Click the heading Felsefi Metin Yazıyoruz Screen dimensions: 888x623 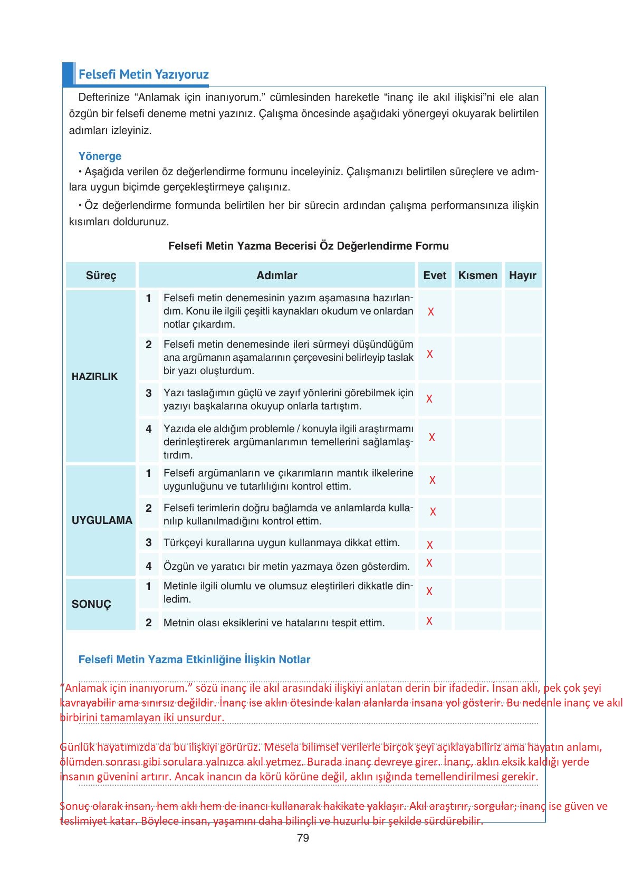143,74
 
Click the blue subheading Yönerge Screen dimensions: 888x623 100,156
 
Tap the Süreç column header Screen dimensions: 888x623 101,275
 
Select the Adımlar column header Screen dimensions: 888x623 277,275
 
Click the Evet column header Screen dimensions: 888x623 435,275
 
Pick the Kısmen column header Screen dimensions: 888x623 478,275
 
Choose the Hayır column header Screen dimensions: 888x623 523,275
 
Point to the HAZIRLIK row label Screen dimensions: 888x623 95,377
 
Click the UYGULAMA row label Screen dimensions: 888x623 102,520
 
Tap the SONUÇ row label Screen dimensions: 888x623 91,605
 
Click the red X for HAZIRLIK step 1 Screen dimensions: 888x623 431,312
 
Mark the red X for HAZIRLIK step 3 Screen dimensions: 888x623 429,399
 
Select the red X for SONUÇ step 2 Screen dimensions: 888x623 429,621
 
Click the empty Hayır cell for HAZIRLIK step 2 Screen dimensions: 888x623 523,357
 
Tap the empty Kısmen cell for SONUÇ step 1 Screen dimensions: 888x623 478,593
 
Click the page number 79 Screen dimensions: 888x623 303,838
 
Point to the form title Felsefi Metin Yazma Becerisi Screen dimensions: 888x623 308,246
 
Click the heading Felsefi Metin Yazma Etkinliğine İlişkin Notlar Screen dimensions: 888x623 194,660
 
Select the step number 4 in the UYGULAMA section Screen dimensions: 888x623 149,566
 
